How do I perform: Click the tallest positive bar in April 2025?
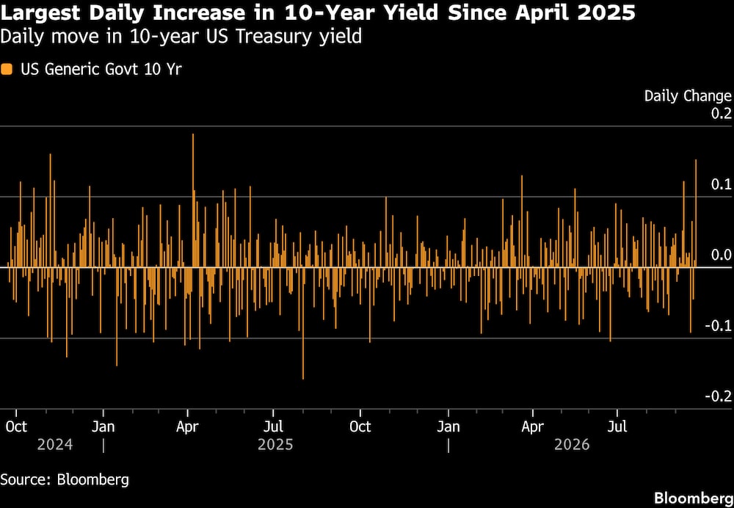tap(193, 200)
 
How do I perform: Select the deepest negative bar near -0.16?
tap(303, 323)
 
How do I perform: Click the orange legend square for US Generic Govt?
tap(7, 70)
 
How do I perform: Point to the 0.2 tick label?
tap(722, 113)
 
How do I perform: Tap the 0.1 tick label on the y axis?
tap(722, 184)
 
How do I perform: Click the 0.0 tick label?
tap(722, 255)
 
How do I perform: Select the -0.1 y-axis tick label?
tap(719, 326)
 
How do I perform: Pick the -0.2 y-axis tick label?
tap(719, 396)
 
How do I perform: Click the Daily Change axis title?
tap(688, 96)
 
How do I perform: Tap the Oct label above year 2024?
tap(16, 427)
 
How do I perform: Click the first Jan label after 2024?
tap(103, 427)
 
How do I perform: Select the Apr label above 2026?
tap(533, 427)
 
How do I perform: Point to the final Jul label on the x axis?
tap(617, 427)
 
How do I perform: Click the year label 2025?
tap(275, 444)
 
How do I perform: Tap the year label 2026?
tap(572, 444)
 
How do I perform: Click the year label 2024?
tap(55, 444)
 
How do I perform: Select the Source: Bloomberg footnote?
tap(65, 479)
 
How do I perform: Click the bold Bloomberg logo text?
tap(694, 498)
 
